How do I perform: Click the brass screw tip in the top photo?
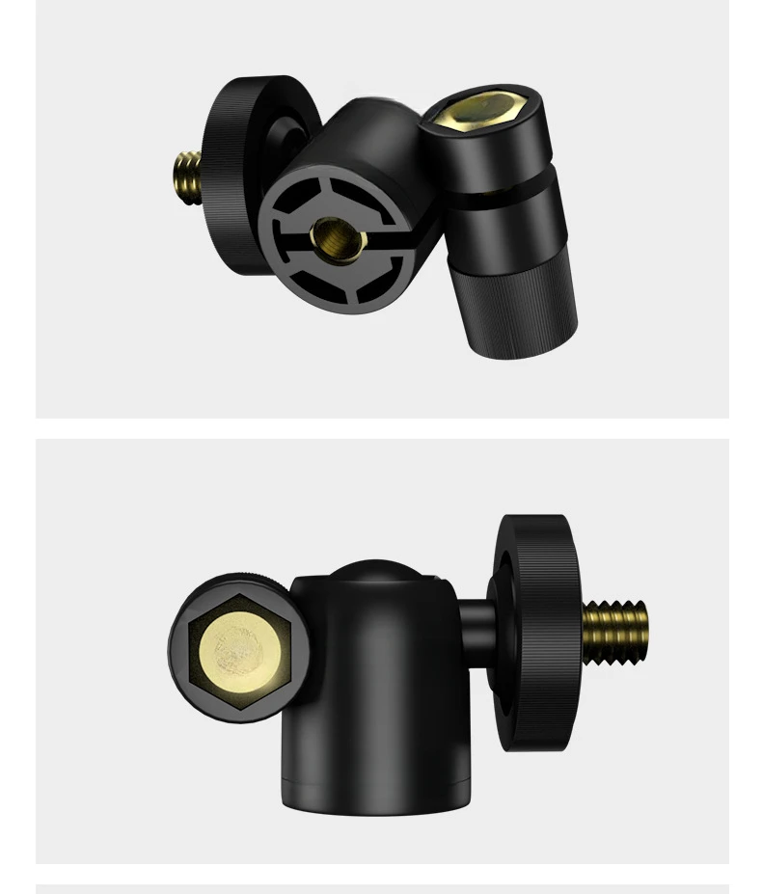pyautogui.click(x=187, y=177)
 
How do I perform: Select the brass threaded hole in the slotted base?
pyautogui.click(x=333, y=232)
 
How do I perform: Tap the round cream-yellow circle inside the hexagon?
pyautogui.click(x=239, y=648)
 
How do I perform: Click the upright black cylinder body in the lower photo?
pyautogui.click(x=376, y=694)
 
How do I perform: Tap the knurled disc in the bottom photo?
pyautogui.click(x=535, y=632)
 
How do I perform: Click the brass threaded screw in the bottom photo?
pyautogui.click(x=614, y=632)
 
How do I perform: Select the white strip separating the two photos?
pyautogui.click(x=381, y=428)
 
